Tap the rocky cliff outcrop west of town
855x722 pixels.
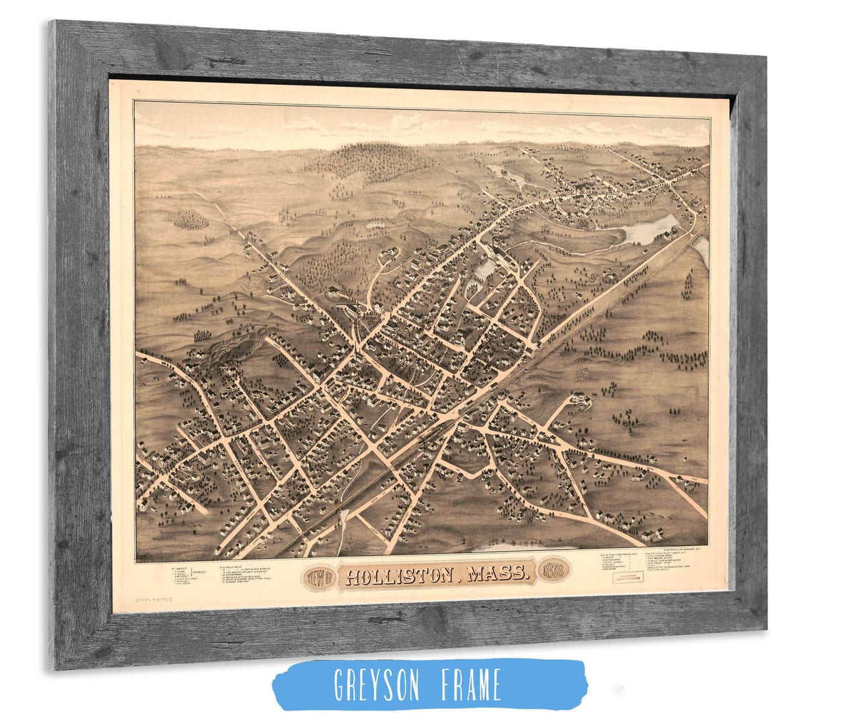(x=235, y=349)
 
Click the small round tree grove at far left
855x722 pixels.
(x=191, y=219)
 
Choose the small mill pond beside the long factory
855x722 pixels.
(x=485, y=269)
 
